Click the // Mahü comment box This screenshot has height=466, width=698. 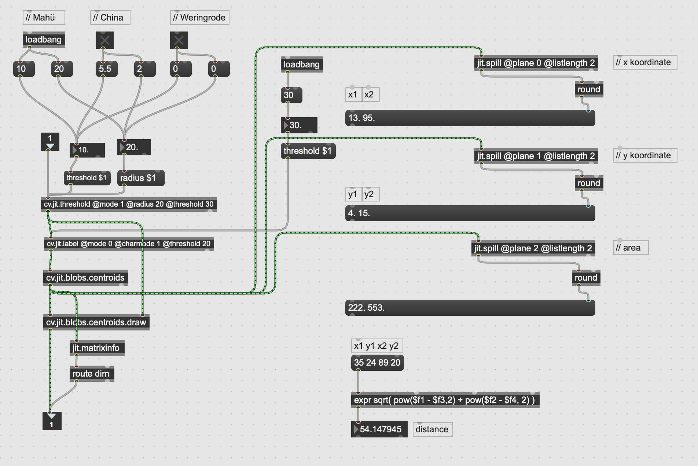pyautogui.click(x=44, y=18)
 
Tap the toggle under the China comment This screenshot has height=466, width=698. pyautogui.click(x=105, y=40)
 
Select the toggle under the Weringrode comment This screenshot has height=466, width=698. pyautogui.click(x=179, y=40)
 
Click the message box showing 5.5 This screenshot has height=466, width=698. pyautogui.click(x=107, y=69)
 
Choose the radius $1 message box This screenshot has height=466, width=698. pyautogui.click(x=141, y=178)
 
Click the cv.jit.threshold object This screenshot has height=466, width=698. pyautogui.click(x=129, y=204)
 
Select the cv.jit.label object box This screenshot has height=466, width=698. pyautogui.click(x=129, y=244)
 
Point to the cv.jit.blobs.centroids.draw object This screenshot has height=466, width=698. pyautogui.click(x=96, y=322)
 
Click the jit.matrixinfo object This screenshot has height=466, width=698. pyautogui.click(x=97, y=348)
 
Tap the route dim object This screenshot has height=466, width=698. pyautogui.click(x=92, y=374)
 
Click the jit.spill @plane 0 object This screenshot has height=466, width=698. pyautogui.click(x=536, y=63)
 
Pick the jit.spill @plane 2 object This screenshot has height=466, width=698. pyautogui.click(x=533, y=248)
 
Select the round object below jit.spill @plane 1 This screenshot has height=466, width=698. pyautogui.click(x=589, y=183)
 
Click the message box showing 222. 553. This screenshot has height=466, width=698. pyautogui.click(x=470, y=308)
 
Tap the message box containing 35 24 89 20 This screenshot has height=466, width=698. pyautogui.click(x=378, y=363)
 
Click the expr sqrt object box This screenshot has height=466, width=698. pyautogui.click(x=445, y=400)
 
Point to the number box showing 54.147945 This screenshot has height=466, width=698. pyautogui.click(x=379, y=429)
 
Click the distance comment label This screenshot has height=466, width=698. pyautogui.click(x=433, y=429)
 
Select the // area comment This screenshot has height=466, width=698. pyautogui.click(x=631, y=248)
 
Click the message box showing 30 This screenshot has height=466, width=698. pyautogui.click(x=291, y=95)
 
